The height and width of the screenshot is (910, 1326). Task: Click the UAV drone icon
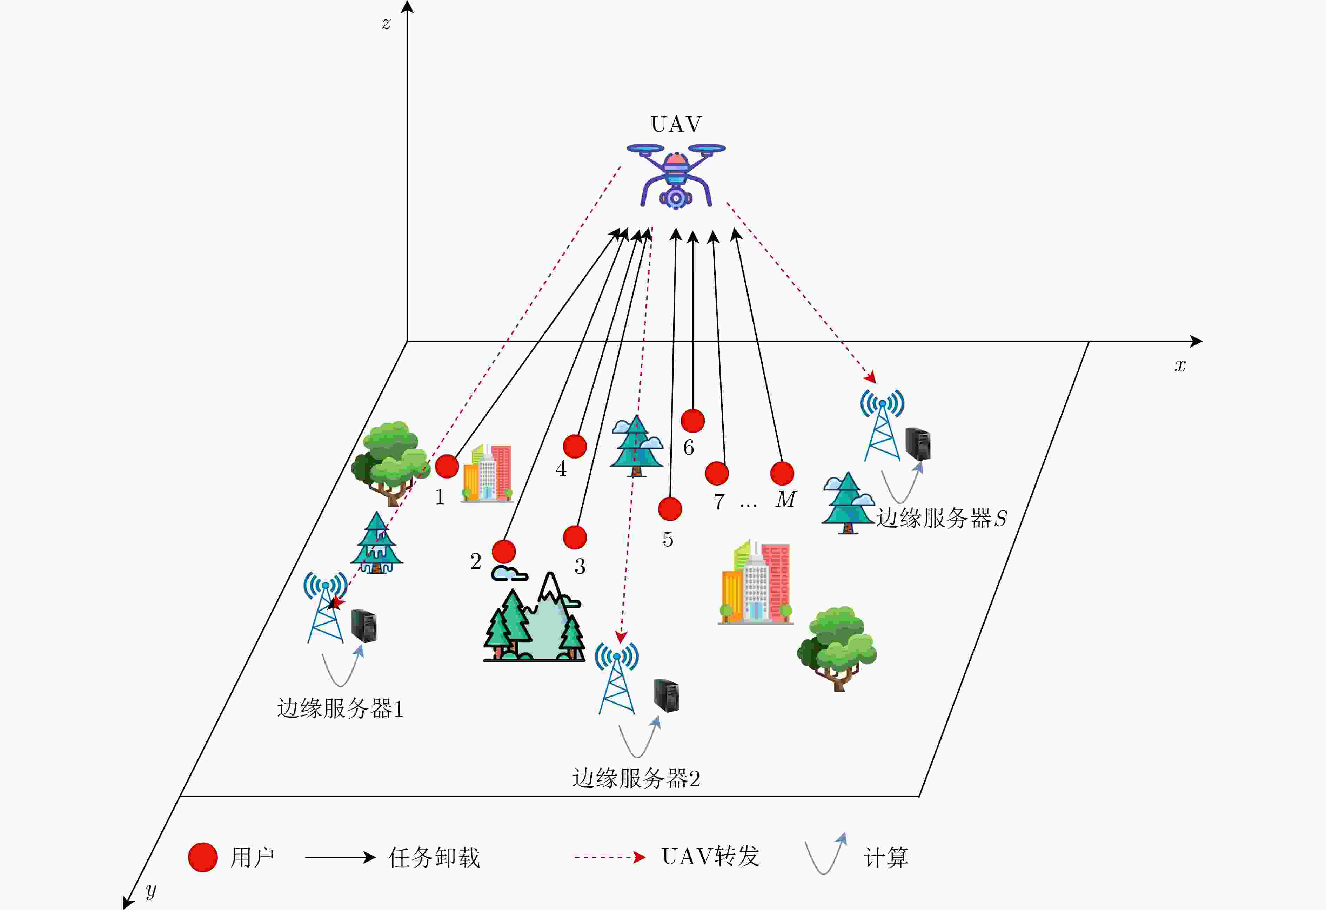pyautogui.click(x=676, y=176)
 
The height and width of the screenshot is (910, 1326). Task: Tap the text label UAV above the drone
pyautogui.click(x=676, y=124)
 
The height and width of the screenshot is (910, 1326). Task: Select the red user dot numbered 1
pyautogui.click(x=447, y=467)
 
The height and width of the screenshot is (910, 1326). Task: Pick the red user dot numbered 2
pyautogui.click(x=504, y=552)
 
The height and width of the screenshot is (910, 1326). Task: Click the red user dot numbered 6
pyautogui.click(x=693, y=421)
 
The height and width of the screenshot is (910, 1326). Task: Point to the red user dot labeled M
pyautogui.click(x=782, y=473)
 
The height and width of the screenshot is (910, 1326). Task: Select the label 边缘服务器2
pyautogui.click(x=636, y=778)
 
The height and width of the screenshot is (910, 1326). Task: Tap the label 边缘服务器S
pyautogui.click(x=942, y=518)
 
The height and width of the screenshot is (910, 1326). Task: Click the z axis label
pyautogui.click(x=386, y=24)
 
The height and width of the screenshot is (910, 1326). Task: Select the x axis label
pyautogui.click(x=1180, y=365)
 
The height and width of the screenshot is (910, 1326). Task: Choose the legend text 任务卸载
pyautogui.click(x=434, y=857)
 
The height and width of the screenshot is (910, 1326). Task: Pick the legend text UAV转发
pyautogui.click(x=710, y=856)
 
